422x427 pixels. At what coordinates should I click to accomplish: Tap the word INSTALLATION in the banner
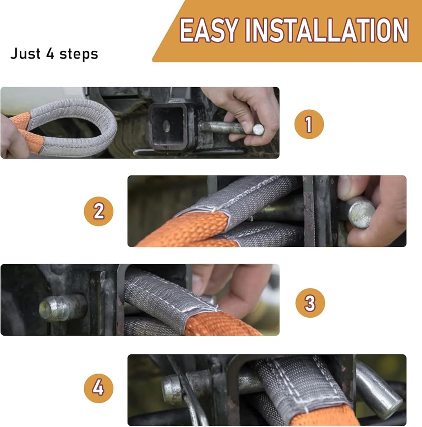327,30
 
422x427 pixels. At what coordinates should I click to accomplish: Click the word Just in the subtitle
25,53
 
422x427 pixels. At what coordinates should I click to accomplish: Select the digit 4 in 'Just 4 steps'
50,53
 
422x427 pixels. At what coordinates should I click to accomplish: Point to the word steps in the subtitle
79,54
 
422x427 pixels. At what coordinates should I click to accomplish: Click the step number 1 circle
309,124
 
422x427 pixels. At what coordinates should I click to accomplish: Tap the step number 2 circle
99,211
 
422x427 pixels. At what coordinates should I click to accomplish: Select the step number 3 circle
310,303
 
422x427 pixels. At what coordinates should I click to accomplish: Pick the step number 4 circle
99,388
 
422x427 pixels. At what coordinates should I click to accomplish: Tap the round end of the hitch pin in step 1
258,130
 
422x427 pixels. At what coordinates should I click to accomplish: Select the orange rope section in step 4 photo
325,417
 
